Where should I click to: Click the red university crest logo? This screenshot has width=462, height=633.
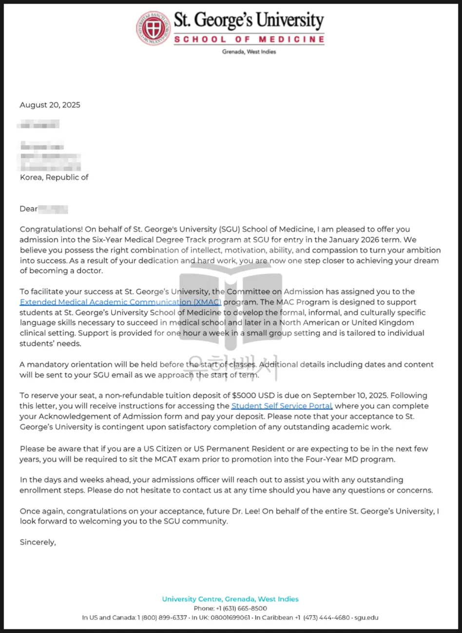point(153,28)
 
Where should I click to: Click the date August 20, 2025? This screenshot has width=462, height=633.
point(50,105)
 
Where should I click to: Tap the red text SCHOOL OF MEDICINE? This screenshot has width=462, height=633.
point(249,39)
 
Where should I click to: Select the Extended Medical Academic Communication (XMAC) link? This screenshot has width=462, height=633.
point(120,302)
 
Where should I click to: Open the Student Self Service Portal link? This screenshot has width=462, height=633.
point(282,406)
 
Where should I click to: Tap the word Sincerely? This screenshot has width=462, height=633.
point(38,542)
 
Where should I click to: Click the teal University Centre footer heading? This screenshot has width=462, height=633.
point(230,599)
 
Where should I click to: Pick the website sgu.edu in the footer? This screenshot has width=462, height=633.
point(366,618)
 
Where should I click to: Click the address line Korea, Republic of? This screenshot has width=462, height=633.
point(54,178)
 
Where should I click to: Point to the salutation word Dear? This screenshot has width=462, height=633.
point(28,209)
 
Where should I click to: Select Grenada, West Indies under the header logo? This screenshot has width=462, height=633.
point(249,52)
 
